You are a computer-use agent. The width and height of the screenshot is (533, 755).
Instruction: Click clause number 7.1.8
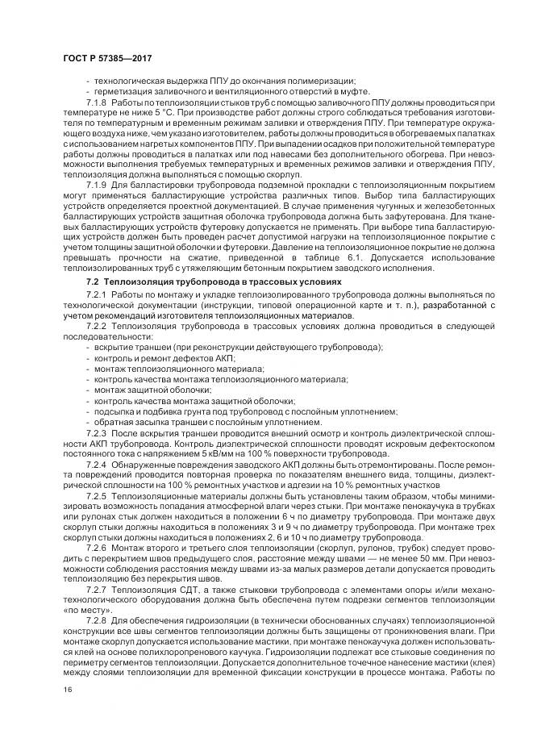coord(96,103)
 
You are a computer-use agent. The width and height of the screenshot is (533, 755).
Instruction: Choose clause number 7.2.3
coord(96,434)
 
